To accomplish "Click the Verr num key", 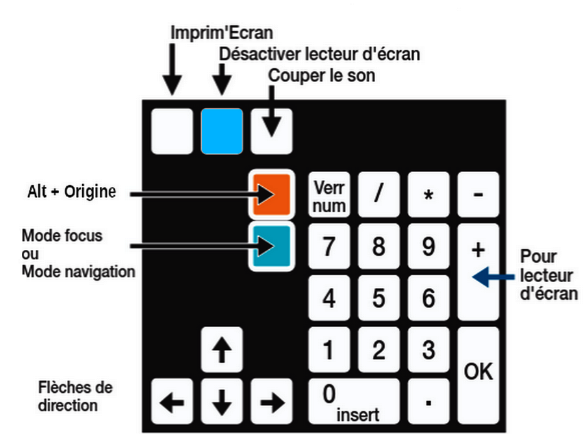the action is point(329,194).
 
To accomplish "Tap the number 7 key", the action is point(329,246).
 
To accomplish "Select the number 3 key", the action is point(429,350).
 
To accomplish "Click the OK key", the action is point(478,375).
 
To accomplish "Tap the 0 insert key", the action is point(354,401).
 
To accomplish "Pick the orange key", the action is point(272,194).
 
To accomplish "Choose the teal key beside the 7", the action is point(272,246).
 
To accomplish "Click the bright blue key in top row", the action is point(222,131).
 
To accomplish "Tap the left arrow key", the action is point(172,401).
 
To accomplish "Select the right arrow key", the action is point(272,401).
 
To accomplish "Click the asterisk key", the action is point(429,194).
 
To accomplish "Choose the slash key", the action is point(379,194).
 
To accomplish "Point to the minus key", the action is point(478,194).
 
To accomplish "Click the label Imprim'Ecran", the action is point(222,33).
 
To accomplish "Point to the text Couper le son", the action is point(321,75).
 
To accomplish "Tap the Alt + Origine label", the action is point(72,192).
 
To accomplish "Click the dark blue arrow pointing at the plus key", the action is point(493,277).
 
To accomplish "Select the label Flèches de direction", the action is point(75,396).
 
